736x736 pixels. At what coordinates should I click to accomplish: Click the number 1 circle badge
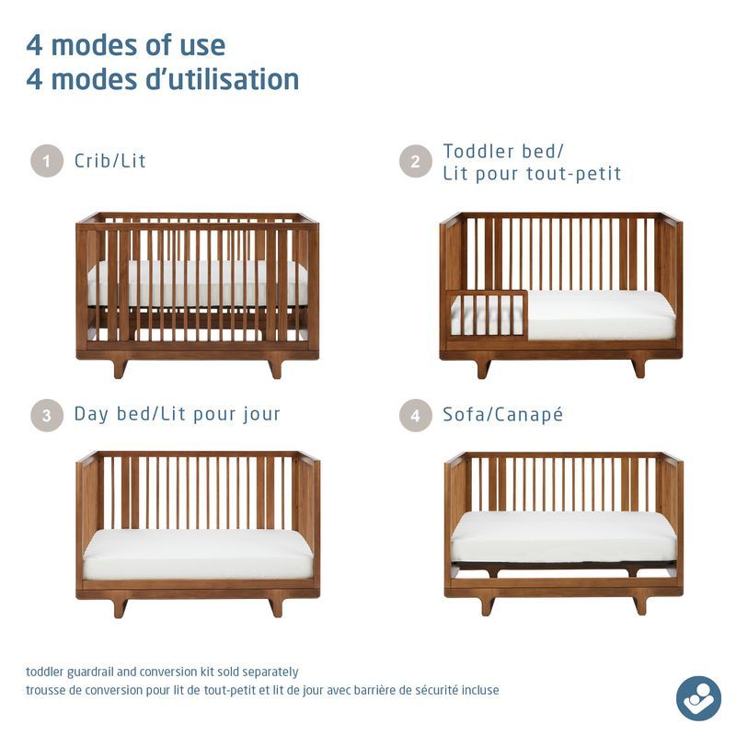pyautogui.click(x=47, y=161)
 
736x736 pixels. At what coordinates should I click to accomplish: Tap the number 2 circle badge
pyautogui.click(x=416, y=161)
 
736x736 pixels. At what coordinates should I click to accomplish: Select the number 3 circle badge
pyautogui.click(x=47, y=414)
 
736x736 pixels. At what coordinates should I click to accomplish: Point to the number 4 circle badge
pyautogui.click(x=416, y=414)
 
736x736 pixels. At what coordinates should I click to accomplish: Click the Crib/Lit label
pyautogui.click(x=110, y=161)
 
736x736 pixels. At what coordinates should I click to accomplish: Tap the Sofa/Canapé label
pyautogui.click(x=502, y=414)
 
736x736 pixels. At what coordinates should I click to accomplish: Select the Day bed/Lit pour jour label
pyautogui.click(x=177, y=414)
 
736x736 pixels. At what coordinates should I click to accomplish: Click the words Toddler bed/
pyautogui.click(x=502, y=151)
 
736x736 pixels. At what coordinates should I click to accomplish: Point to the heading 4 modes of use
pyautogui.click(x=125, y=45)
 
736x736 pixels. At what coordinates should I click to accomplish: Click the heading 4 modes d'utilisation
pyautogui.click(x=163, y=80)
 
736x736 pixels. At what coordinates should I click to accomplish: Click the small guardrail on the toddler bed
pyautogui.click(x=488, y=314)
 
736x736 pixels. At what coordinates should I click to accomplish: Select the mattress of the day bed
pyautogui.click(x=198, y=554)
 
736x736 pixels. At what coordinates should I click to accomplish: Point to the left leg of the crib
pyautogui.click(x=120, y=368)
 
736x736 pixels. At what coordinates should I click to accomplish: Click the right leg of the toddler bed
pyautogui.click(x=638, y=367)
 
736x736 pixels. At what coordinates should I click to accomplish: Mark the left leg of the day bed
pyautogui.click(x=120, y=607)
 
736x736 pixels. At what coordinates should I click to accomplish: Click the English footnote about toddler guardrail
pyautogui.click(x=162, y=673)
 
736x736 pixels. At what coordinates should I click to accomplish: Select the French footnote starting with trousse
pyautogui.click(x=262, y=690)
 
